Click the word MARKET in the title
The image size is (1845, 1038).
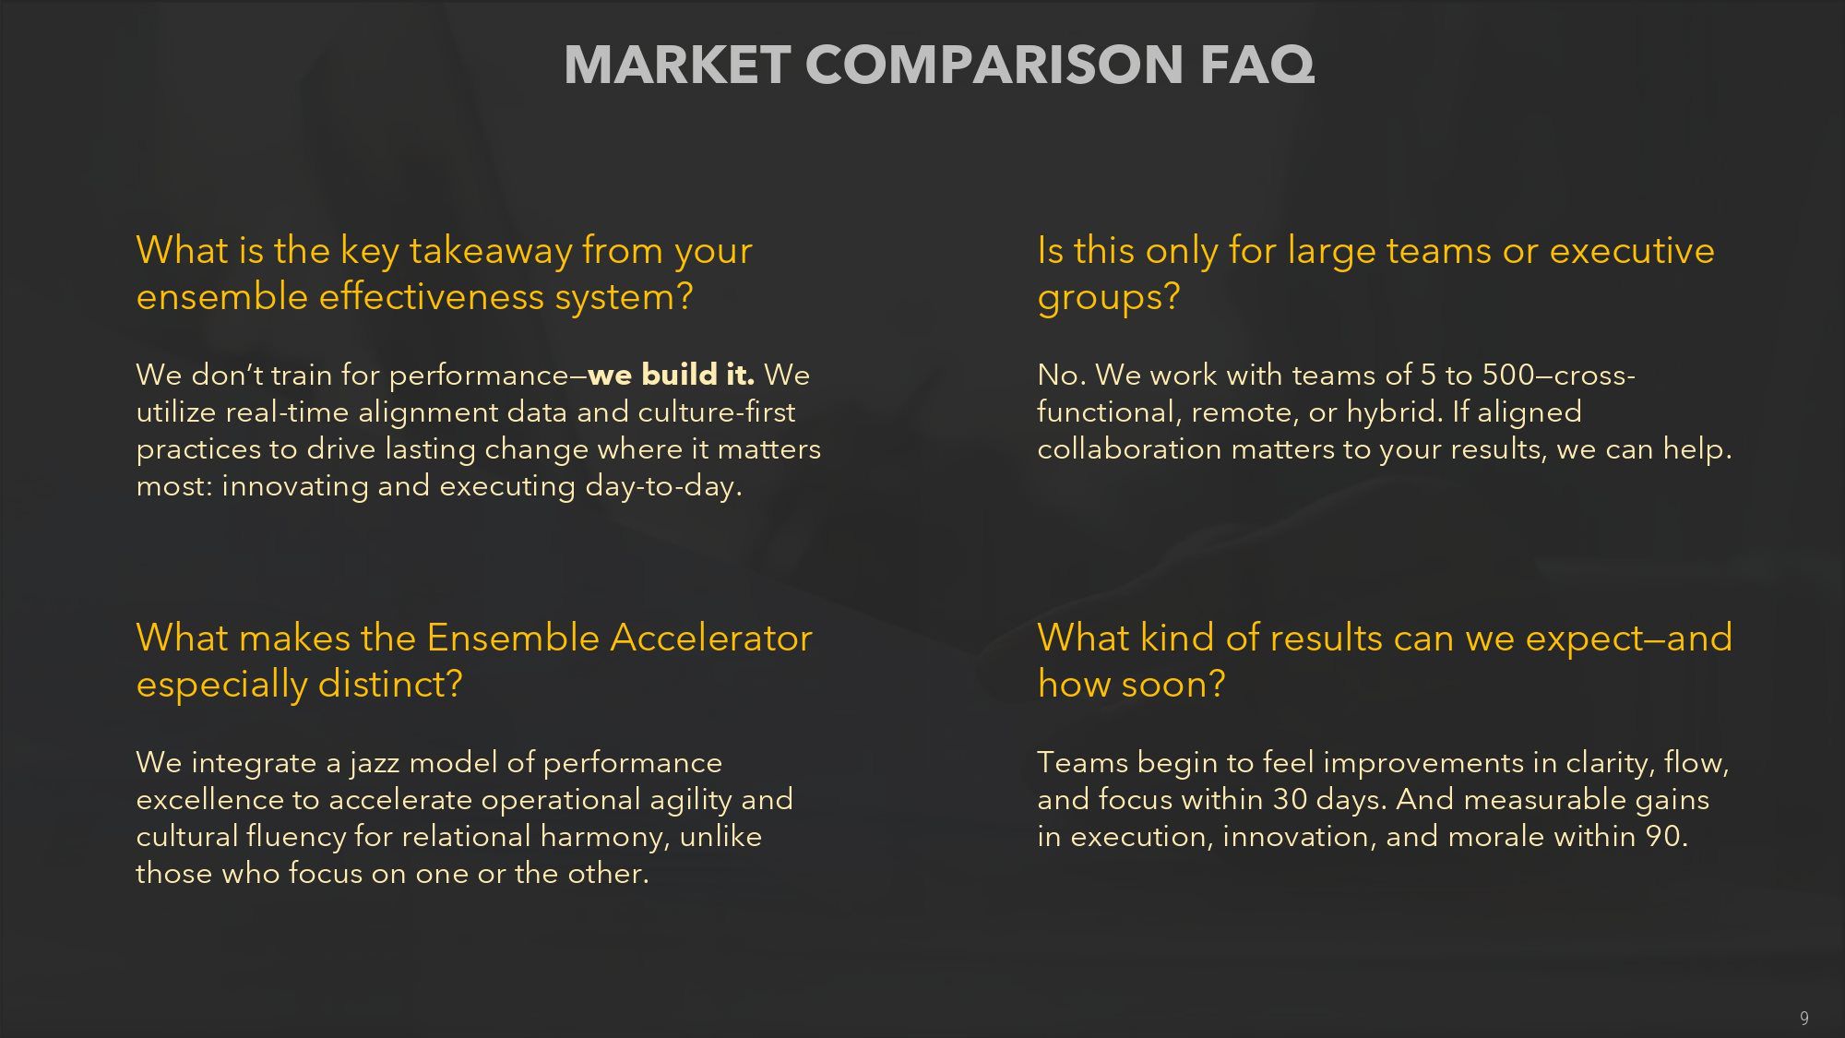click(x=677, y=65)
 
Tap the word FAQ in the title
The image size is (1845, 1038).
click(x=1257, y=65)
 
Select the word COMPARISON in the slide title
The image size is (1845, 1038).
click(x=994, y=65)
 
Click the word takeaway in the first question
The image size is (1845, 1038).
click(x=491, y=251)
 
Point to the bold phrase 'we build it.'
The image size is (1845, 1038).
click(x=672, y=375)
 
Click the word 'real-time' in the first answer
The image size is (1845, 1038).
click(x=287, y=412)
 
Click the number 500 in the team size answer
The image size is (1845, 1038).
click(x=1508, y=375)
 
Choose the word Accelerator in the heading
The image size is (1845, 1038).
click(x=711, y=638)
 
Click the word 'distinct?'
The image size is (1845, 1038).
click(x=391, y=685)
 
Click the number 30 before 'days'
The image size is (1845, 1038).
click(x=1290, y=799)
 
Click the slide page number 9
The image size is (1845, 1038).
click(x=1803, y=1019)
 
